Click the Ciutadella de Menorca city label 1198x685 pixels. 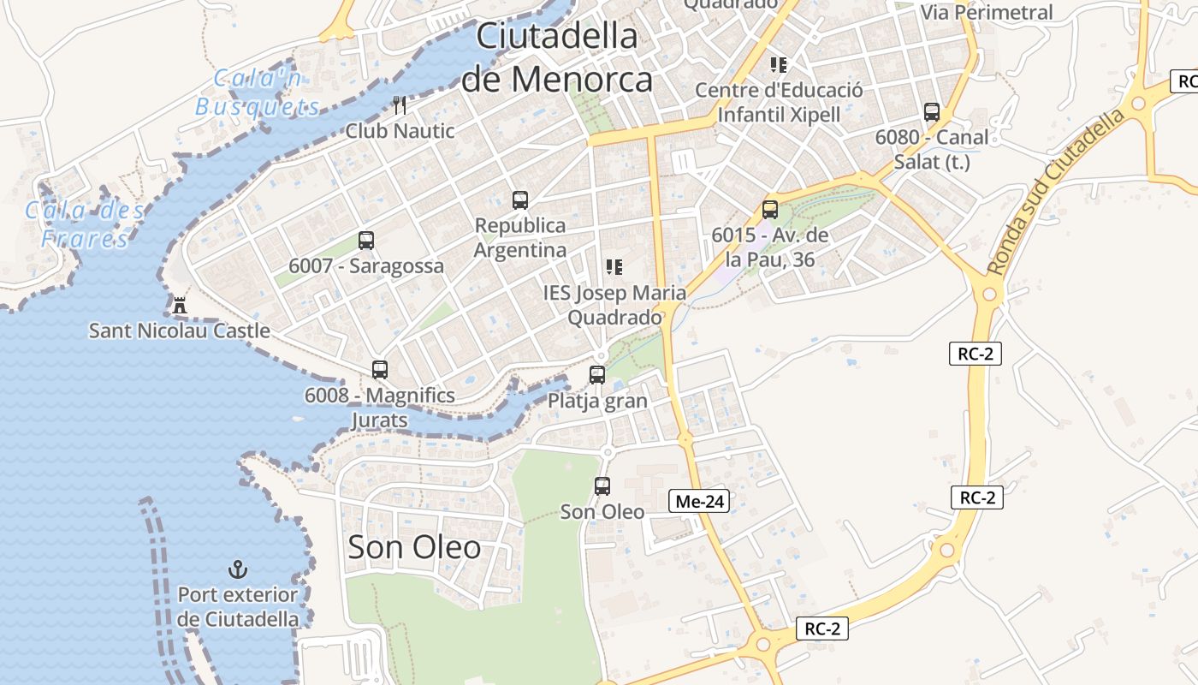tap(557, 58)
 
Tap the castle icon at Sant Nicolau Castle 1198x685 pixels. tap(180, 304)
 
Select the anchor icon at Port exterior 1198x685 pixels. tap(237, 569)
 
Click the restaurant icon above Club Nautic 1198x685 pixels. tap(400, 105)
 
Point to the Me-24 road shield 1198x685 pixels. tap(699, 502)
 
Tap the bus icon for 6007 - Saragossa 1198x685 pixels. tap(366, 241)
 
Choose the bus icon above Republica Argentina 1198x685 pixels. tap(519, 200)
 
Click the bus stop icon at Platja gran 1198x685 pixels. tap(597, 374)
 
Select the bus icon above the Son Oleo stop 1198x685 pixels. tap(602, 486)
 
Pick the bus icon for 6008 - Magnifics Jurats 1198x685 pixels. tap(380, 370)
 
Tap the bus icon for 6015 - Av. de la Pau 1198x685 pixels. tap(770, 209)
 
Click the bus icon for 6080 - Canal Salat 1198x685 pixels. tap(932, 111)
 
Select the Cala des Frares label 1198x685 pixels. tap(85, 223)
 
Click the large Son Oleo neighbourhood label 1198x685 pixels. tap(414, 547)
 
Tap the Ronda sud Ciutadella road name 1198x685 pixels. tap(1058, 192)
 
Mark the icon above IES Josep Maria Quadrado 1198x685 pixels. tap(614, 267)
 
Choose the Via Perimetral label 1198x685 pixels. tap(987, 12)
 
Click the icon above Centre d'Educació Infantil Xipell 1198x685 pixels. tap(779, 64)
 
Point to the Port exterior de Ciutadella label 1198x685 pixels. tap(238, 606)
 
